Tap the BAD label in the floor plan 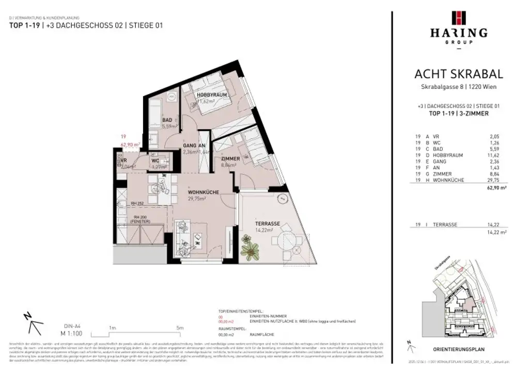(x=167, y=120)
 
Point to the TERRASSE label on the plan (x=267, y=224)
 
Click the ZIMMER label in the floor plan (x=230, y=159)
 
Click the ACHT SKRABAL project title (x=459, y=74)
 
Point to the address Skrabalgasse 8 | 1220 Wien (x=459, y=87)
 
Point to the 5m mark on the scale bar (x=179, y=328)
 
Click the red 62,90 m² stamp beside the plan (x=130, y=145)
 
